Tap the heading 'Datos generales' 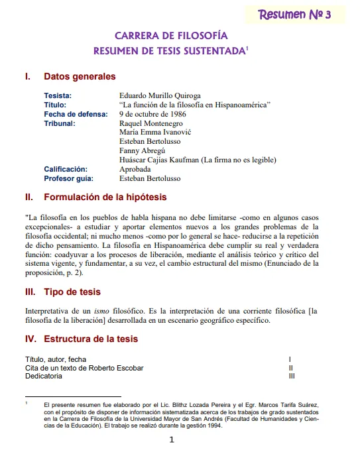80,77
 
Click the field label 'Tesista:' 58,95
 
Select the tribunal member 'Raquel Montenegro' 150,123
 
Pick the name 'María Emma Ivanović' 154,132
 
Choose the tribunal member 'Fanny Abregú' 142,150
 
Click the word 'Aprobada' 135,169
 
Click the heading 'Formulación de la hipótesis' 105,197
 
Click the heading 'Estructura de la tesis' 91,339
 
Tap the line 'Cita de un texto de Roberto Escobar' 84,367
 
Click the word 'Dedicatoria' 44,376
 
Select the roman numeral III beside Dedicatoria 292,376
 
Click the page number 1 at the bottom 172,440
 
